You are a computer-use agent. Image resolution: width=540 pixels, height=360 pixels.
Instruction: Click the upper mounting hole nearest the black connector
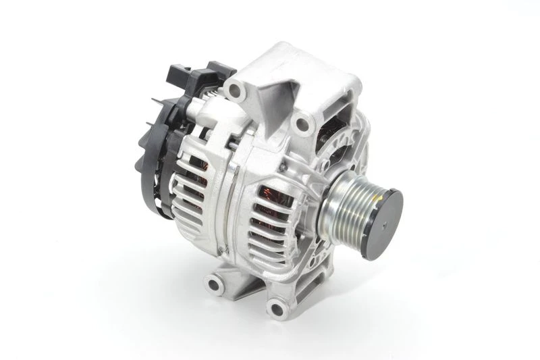click(234, 89)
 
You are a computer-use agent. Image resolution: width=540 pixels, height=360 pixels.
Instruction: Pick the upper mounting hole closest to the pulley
click(303, 123)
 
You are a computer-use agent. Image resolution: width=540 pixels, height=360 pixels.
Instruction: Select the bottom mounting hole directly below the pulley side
click(275, 309)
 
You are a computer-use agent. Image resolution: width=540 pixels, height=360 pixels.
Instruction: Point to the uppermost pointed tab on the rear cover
click(157, 101)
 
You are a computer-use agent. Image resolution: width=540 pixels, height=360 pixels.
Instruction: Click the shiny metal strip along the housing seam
click(227, 203)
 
